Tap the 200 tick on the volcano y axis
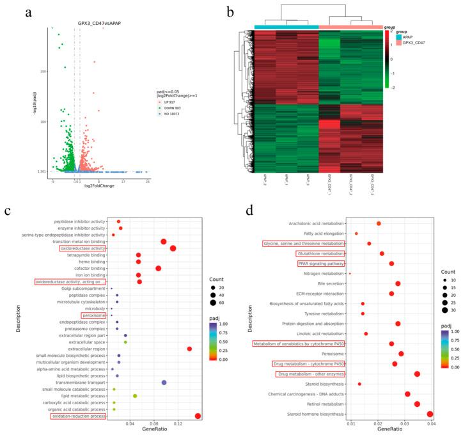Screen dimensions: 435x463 click(x=45, y=71)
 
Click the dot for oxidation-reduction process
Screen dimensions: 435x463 click(x=198, y=416)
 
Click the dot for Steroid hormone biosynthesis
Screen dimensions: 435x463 click(x=430, y=415)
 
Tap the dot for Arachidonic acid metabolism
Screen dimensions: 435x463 click(x=379, y=223)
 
